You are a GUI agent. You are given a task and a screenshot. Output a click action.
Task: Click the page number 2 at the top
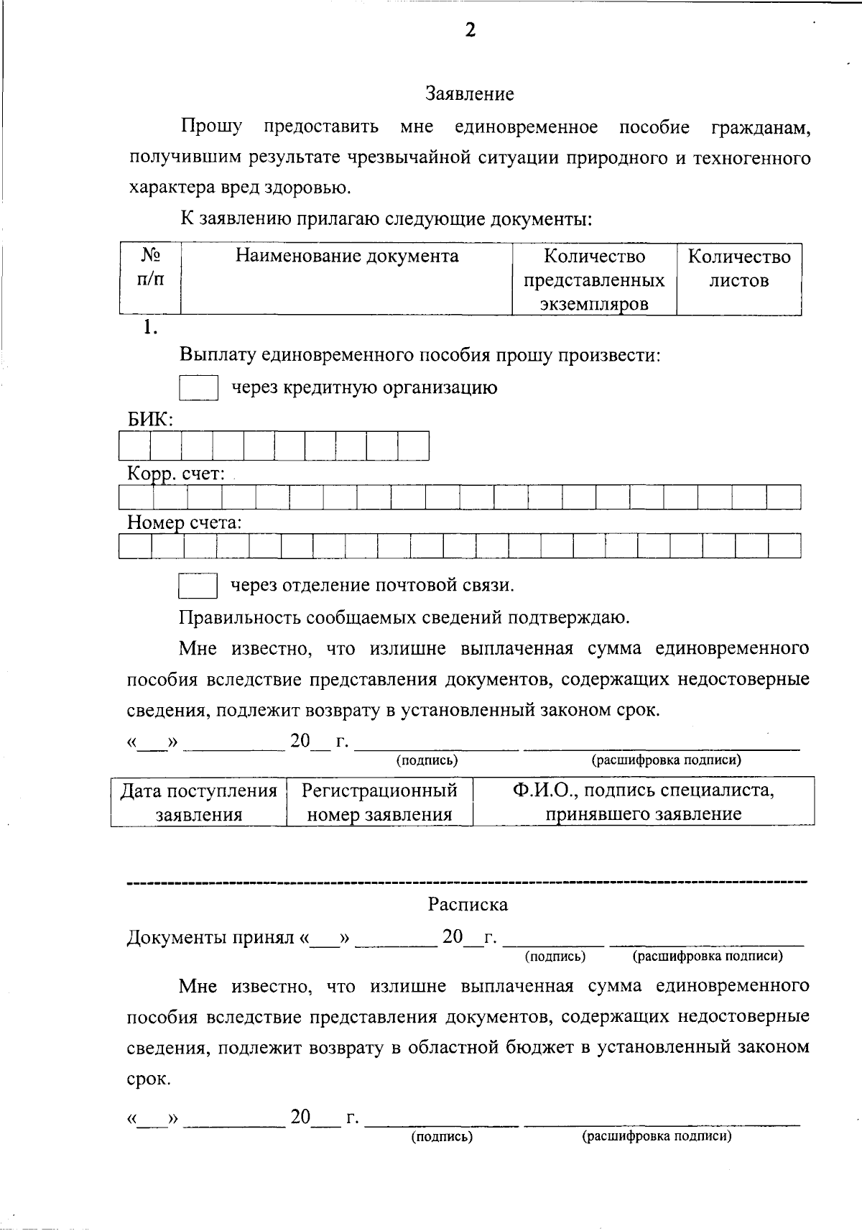point(470,30)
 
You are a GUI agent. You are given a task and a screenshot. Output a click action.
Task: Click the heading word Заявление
point(470,94)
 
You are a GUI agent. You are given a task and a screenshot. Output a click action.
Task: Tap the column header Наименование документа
point(347,257)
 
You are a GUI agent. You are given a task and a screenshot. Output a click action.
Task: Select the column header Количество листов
point(738,269)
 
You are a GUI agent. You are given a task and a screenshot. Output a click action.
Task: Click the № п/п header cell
point(150,268)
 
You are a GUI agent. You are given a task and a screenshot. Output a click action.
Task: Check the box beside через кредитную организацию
point(198,388)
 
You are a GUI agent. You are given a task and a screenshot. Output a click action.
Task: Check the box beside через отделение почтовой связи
point(198,586)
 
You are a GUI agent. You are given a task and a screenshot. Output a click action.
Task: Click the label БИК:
point(150,420)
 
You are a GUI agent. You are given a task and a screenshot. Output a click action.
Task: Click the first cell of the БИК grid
point(135,446)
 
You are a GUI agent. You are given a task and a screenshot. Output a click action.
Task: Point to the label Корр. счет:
point(176,474)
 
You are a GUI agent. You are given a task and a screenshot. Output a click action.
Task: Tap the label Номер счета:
point(184,523)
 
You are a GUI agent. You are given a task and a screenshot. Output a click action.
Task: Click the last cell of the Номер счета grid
point(784,547)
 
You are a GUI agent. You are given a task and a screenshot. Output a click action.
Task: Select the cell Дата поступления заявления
point(198,802)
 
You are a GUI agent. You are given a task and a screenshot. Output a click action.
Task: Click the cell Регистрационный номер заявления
point(379,802)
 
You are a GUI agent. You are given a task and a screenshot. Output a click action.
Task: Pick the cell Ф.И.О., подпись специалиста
point(643,802)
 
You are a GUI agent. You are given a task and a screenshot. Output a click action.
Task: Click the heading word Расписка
point(468,905)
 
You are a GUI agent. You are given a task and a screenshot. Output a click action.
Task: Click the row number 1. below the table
point(149,328)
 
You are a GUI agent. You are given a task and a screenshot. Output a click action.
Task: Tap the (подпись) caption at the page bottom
point(442,1136)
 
